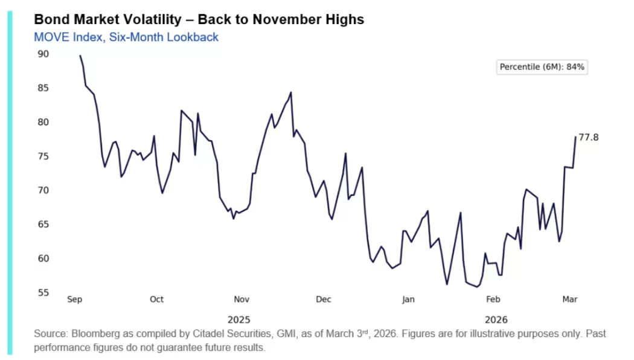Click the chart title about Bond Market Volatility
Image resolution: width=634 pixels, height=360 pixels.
pos(199,19)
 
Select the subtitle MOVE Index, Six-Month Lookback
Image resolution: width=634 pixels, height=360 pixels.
pos(126,37)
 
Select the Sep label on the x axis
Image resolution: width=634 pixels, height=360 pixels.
pos(74,299)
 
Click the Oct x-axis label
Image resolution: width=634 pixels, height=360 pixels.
pos(156,299)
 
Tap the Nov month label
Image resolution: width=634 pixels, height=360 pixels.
pos(242,299)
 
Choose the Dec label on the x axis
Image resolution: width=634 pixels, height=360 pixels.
pos(324,299)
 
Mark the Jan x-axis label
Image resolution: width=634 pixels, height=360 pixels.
pos(409,299)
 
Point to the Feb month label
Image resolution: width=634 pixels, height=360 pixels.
pos(493,299)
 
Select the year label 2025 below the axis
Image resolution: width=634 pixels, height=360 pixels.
pos(239,319)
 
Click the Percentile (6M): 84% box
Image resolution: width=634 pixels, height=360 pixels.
pos(542,67)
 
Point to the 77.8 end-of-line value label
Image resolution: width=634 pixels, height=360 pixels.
pos(589,138)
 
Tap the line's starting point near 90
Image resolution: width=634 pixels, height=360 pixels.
pos(80,56)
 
